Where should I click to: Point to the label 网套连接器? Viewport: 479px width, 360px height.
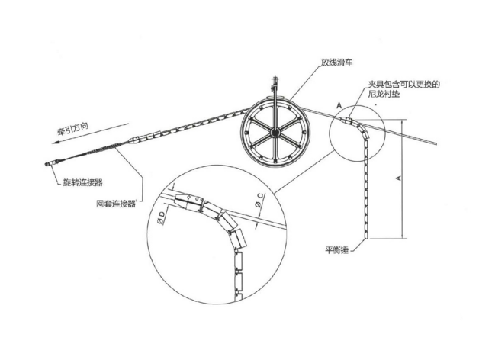[115, 204]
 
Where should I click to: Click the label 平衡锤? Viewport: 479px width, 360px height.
[336, 249]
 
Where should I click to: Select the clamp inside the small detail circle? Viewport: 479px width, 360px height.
[348, 120]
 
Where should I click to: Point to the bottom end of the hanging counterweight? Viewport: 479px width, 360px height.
[372, 237]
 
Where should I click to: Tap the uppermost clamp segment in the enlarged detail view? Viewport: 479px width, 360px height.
[184, 200]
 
